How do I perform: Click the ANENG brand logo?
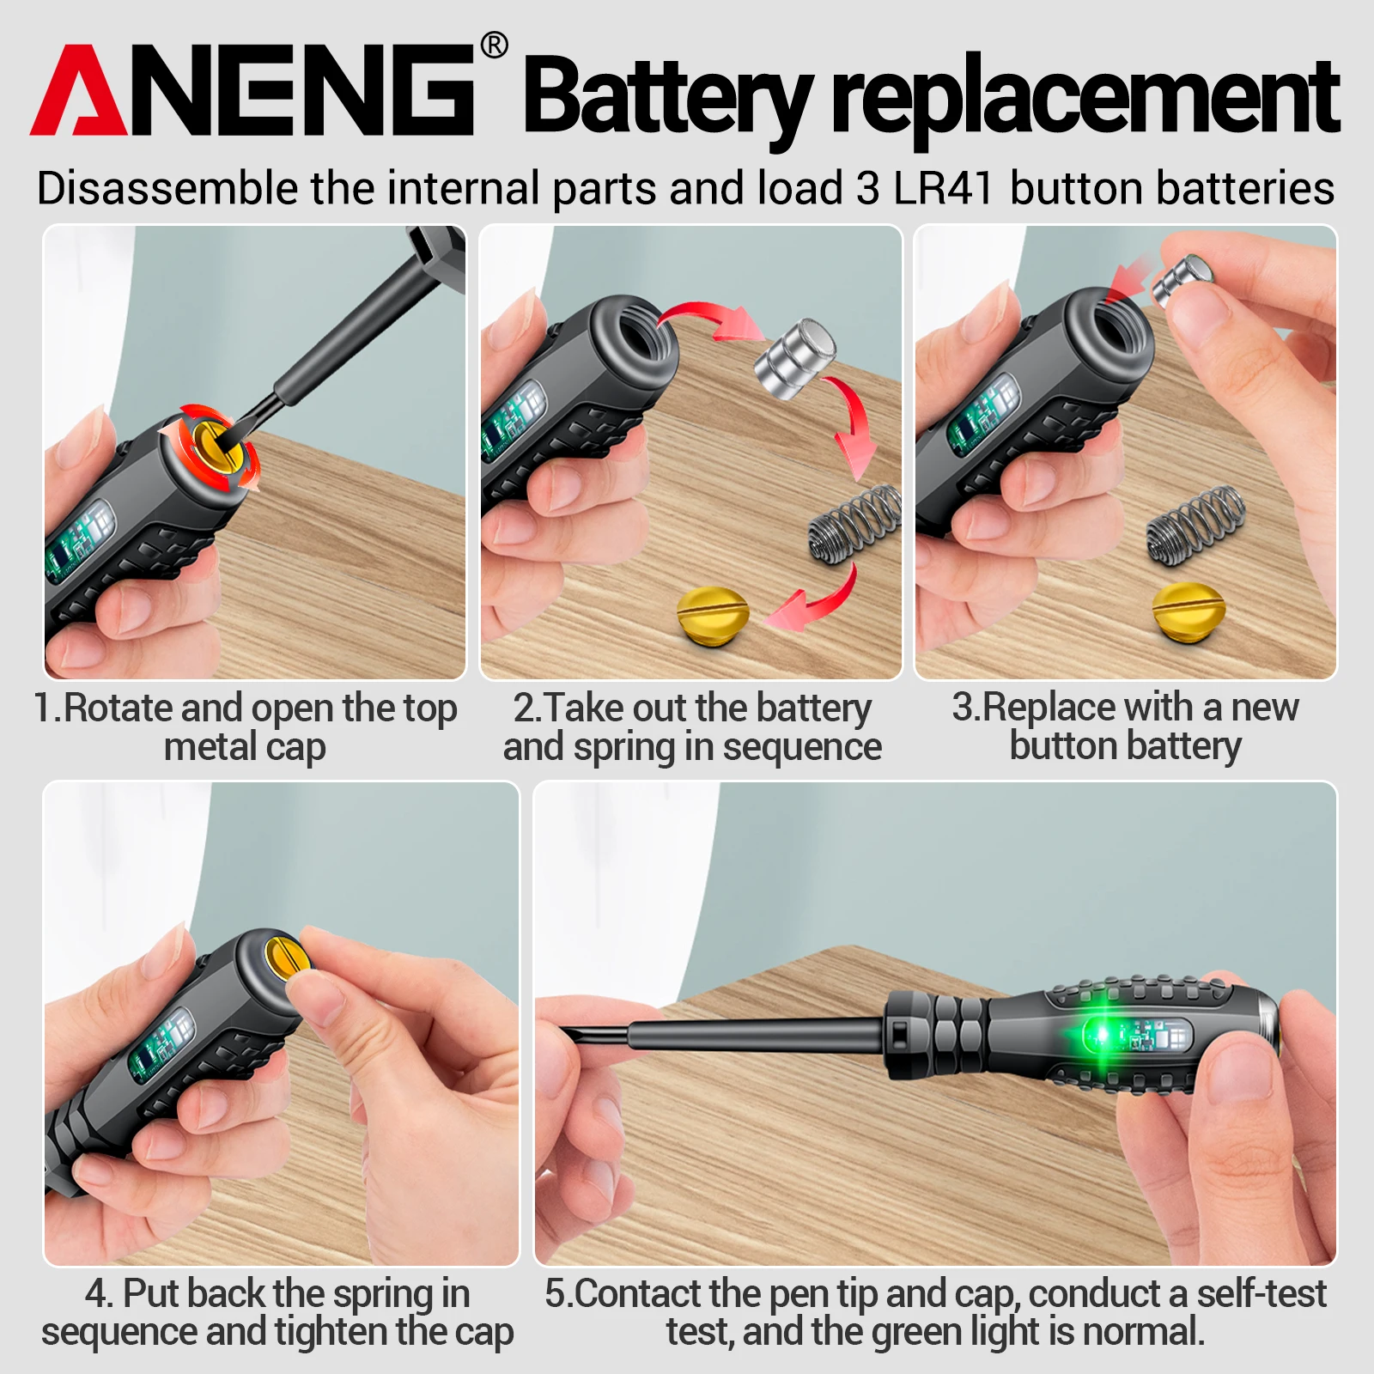click(252, 90)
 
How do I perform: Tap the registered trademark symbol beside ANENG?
click(494, 45)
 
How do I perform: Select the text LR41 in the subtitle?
click(943, 188)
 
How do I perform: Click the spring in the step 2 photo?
click(854, 525)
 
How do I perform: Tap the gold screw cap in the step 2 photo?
click(713, 612)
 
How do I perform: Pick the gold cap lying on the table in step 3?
click(1188, 609)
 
